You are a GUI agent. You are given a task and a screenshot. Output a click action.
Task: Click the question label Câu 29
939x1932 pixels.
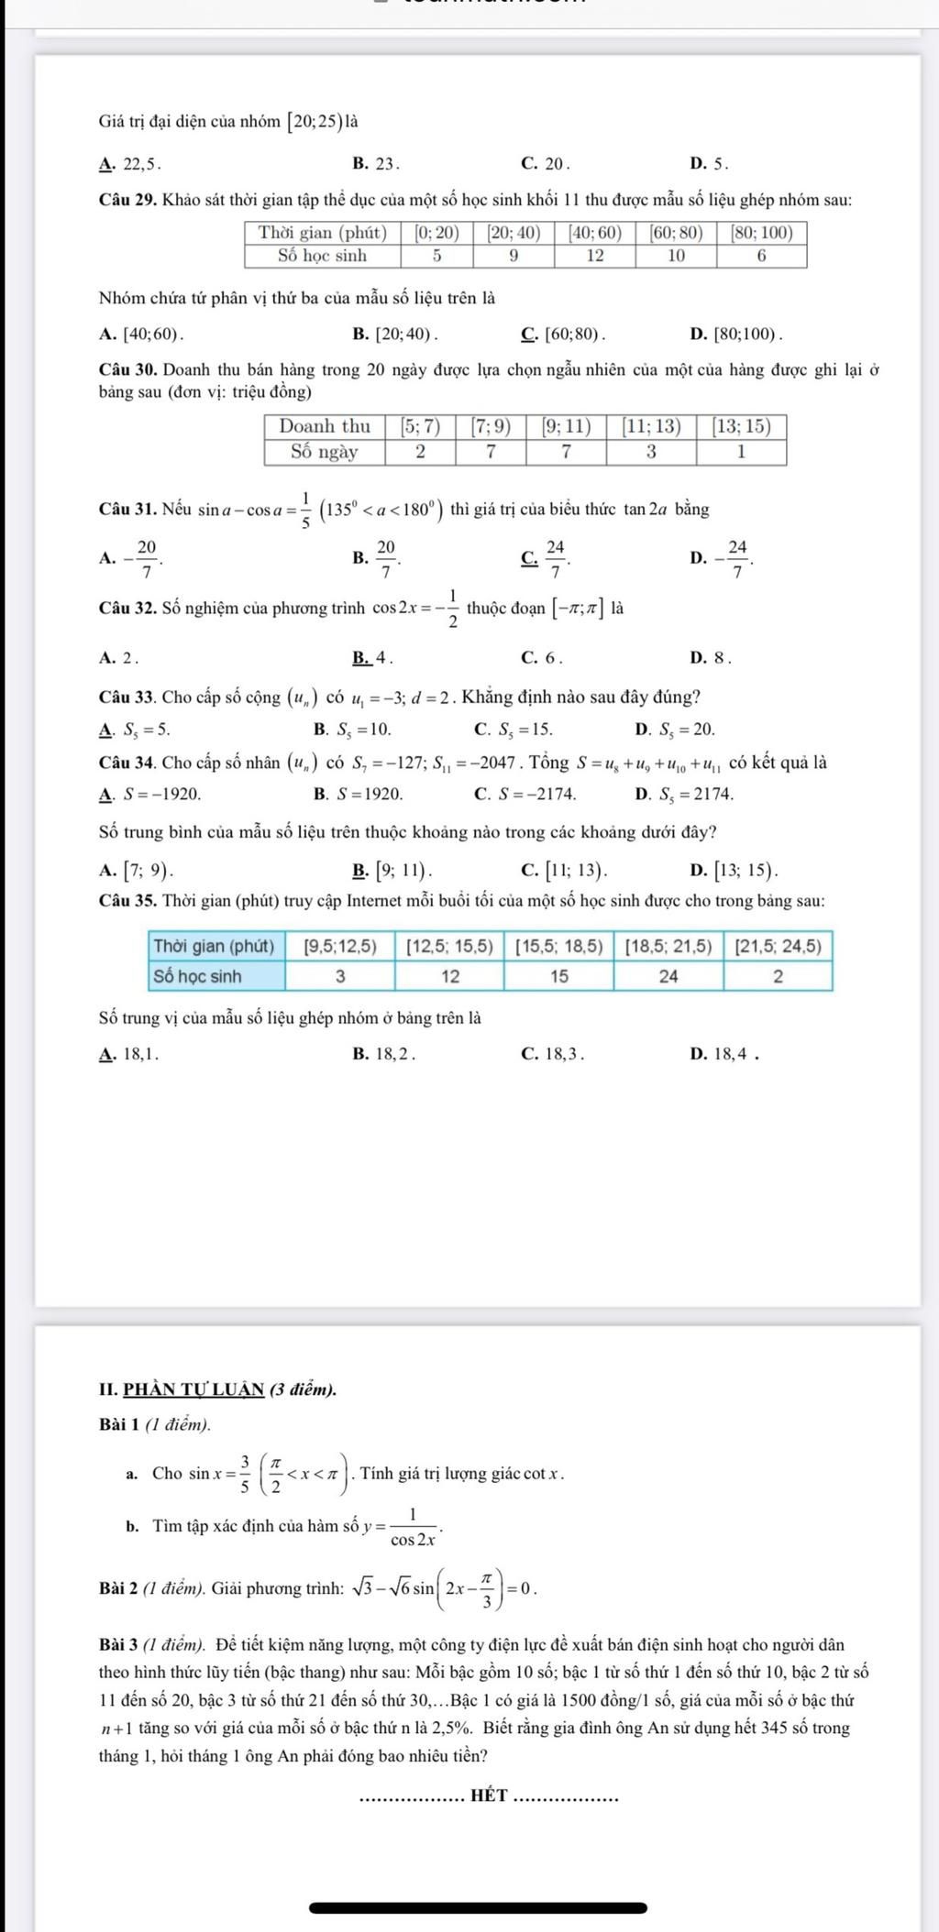point(127,199)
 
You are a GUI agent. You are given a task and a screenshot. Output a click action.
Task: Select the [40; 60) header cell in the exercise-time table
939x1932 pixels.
point(594,234)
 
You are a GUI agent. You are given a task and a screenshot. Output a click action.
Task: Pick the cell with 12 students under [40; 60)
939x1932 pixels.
point(594,256)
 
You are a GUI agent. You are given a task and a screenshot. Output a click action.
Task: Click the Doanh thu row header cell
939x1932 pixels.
point(325,426)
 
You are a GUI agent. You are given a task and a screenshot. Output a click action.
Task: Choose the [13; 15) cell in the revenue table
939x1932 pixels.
point(741,426)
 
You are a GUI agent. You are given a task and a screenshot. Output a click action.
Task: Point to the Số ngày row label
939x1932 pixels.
point(325,452)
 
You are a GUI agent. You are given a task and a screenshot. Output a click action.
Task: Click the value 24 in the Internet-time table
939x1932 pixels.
point(668,976)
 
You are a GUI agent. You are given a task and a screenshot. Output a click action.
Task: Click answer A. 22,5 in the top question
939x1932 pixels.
point(130,165)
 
